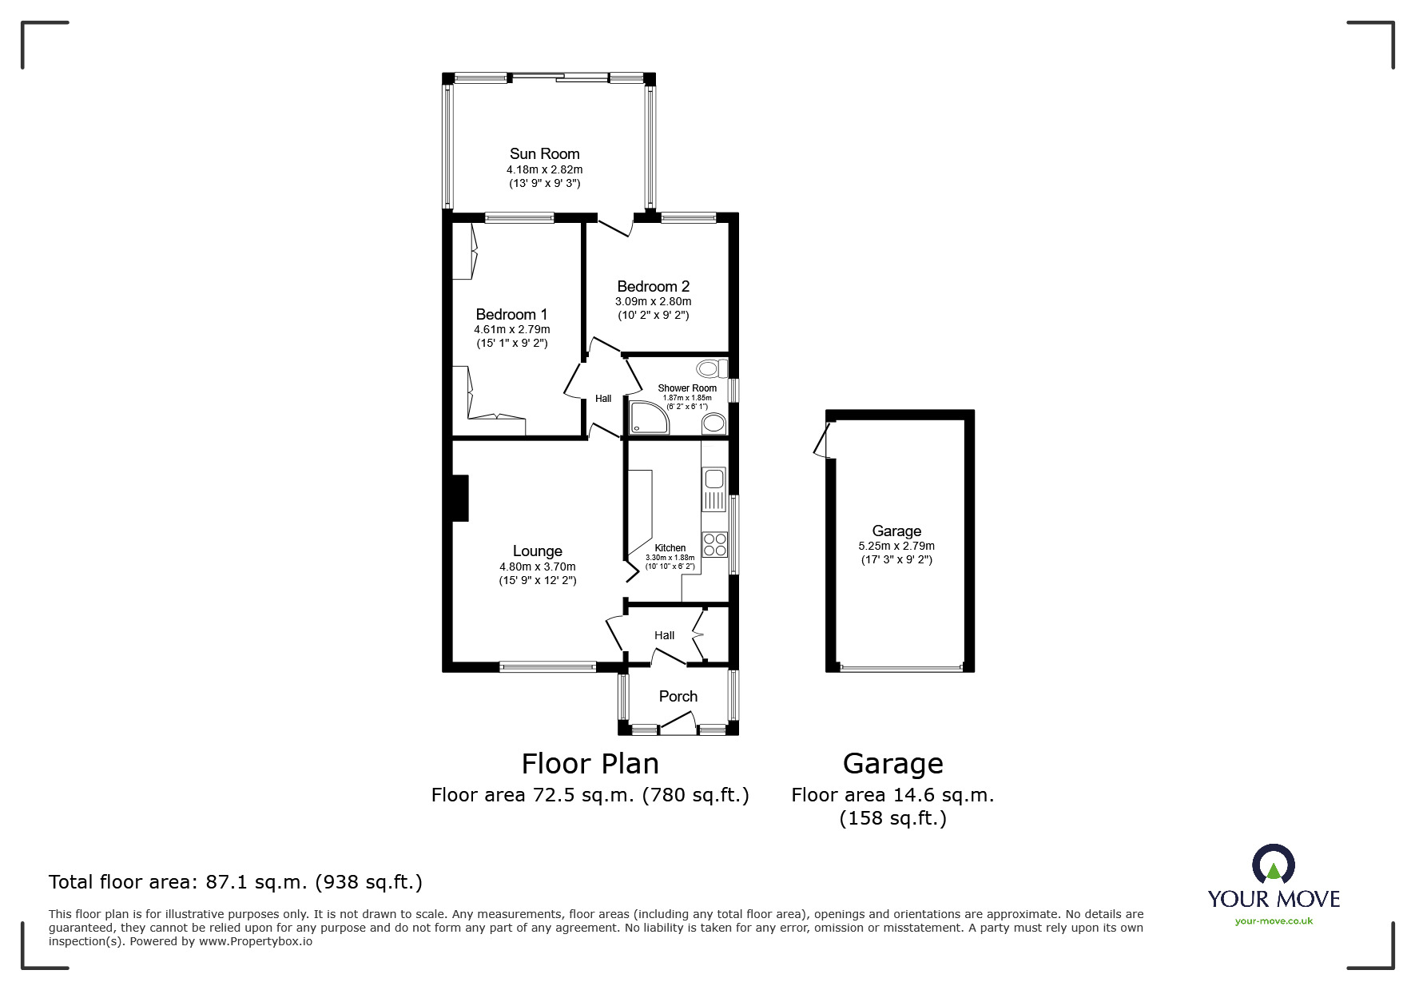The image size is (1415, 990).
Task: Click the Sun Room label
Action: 544,153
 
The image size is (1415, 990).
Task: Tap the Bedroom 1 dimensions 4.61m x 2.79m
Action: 511,329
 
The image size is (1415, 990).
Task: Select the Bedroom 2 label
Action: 653,286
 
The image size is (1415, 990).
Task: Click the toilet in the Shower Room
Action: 710,368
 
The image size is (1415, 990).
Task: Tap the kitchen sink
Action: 713,479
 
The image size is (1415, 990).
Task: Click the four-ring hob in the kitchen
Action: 715,544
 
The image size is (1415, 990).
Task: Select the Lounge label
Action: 537,551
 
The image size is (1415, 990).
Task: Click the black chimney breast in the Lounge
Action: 459,499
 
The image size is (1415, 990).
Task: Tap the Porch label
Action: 678,696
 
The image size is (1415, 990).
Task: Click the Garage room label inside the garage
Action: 896,531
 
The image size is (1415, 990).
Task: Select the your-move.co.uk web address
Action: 1274,920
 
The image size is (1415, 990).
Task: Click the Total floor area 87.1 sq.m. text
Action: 235,882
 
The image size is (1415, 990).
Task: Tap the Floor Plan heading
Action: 590,764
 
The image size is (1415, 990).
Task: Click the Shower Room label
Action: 687,388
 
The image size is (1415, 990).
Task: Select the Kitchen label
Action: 670,548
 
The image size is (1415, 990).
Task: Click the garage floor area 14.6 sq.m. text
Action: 892,795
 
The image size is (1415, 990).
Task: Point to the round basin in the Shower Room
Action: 713,423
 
